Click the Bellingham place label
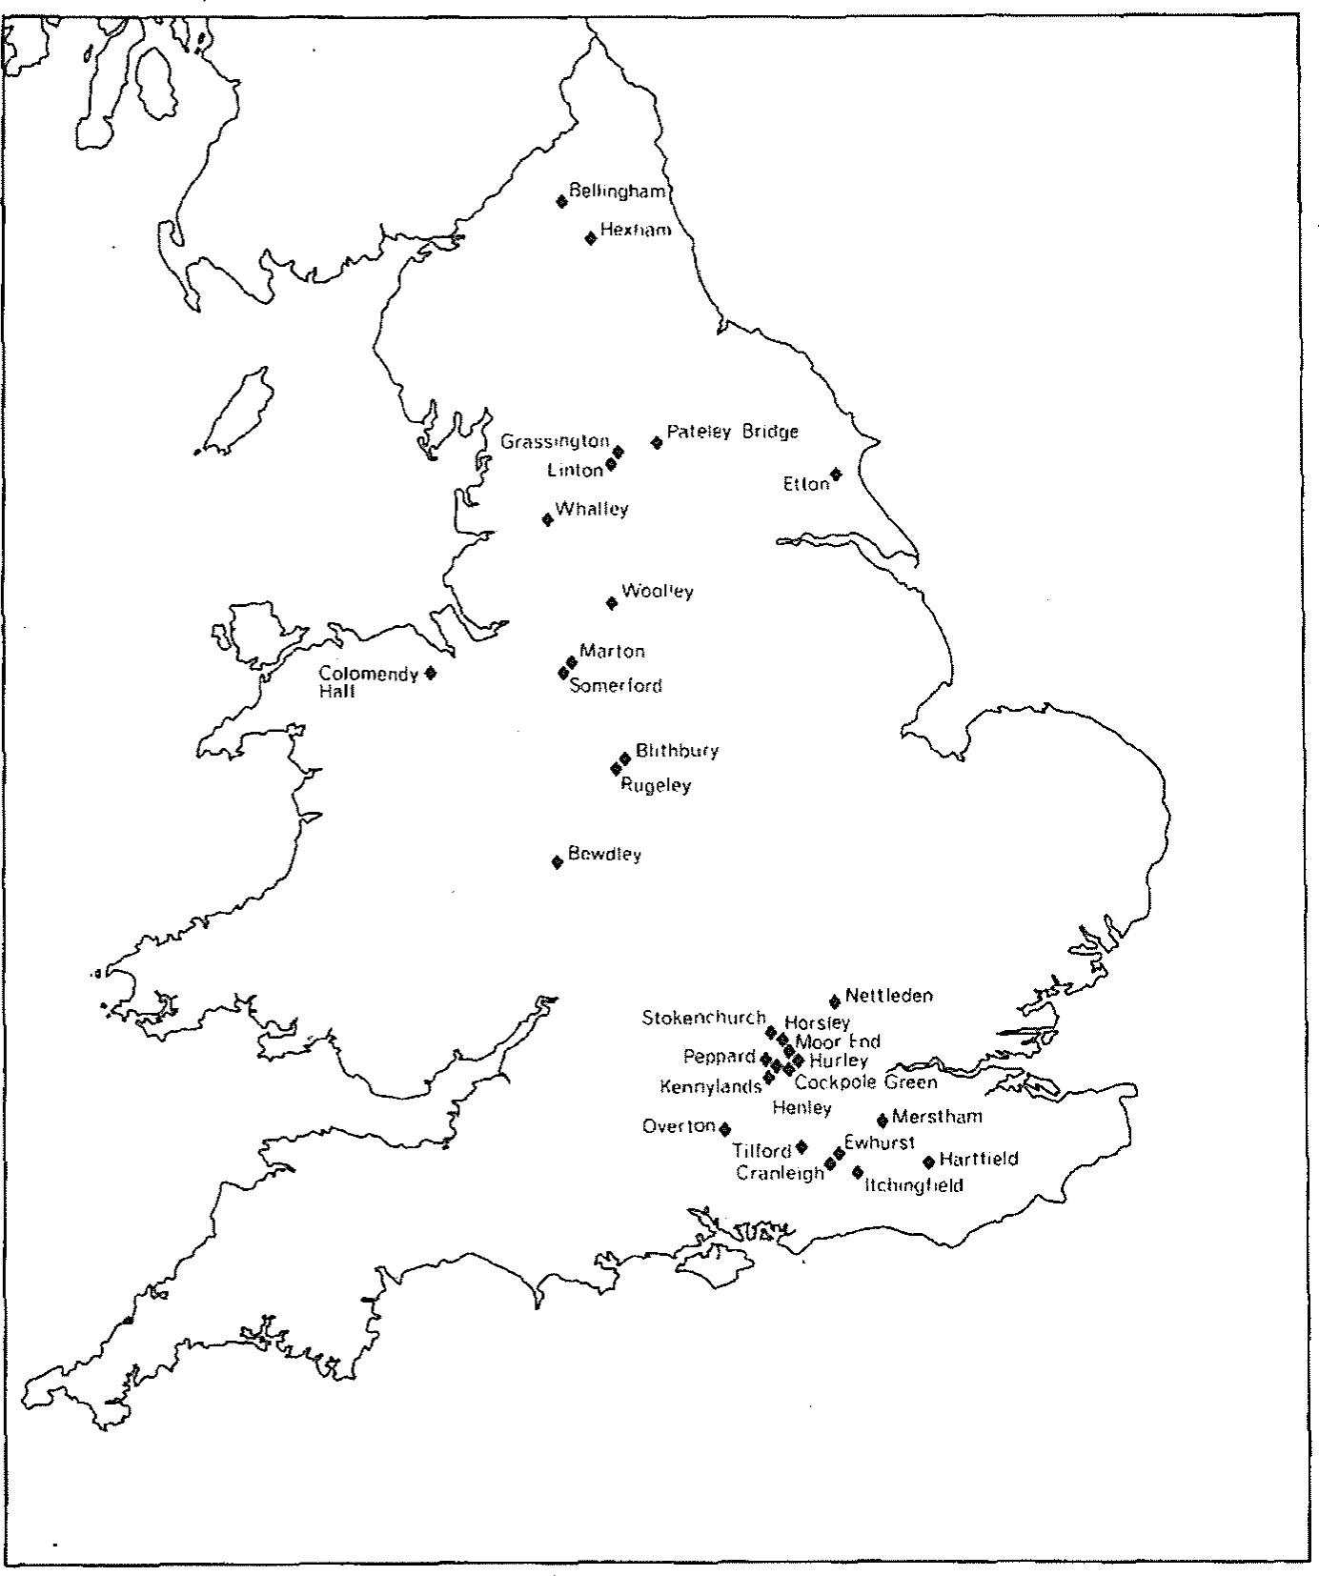617,192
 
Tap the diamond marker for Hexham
590,238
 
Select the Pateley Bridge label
732,432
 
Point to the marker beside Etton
836,474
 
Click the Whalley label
592,509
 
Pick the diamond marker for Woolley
612,602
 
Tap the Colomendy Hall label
368,682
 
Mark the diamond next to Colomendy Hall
431,673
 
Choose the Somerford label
615,686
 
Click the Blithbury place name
677,751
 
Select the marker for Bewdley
558,862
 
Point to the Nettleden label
888,996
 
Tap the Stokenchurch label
703,1018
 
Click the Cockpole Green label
865,1082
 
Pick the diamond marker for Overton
725,1129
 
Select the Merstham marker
883,1121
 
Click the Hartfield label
978,1160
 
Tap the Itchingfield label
914,1186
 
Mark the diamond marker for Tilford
802,1147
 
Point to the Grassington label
555,441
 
